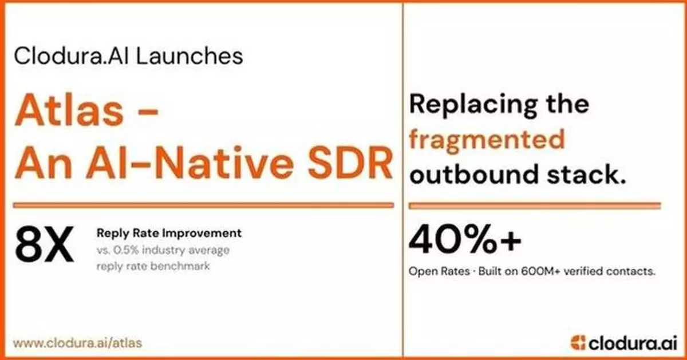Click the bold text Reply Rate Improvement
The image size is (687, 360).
(169, 234)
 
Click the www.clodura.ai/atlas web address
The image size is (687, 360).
(77, 343)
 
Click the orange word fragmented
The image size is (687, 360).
(487, 139)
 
